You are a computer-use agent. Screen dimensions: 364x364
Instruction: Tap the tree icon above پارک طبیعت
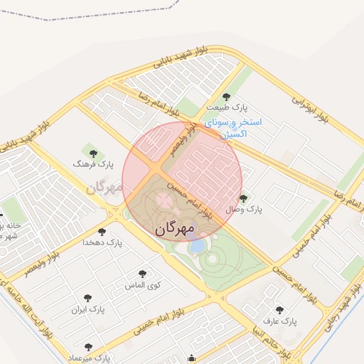[226, 96]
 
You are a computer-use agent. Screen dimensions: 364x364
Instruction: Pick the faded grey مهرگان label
[104, 188]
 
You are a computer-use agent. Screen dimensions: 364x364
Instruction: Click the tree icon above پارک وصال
[244, 198]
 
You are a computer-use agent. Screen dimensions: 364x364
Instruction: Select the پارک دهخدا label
[103, 243]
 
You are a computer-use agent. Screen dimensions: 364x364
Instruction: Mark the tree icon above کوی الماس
[142, 273]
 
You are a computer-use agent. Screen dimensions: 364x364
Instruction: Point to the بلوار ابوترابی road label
[311, 107]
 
